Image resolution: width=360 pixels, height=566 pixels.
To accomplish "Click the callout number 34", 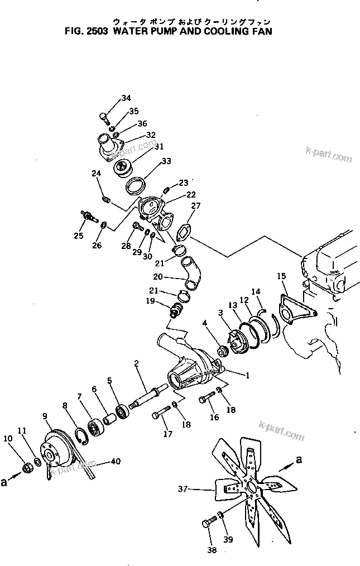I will point(126,98).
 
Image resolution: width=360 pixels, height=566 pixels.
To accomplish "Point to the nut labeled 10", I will point(26,466).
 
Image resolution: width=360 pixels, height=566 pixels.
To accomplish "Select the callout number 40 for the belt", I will point(115,461).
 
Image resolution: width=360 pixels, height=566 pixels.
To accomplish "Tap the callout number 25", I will point(79,236).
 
